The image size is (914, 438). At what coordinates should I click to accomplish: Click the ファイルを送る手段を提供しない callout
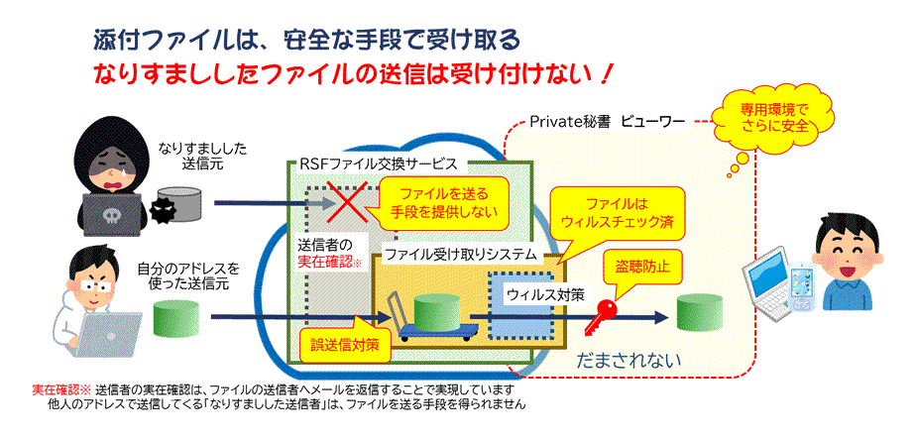click(443, 197)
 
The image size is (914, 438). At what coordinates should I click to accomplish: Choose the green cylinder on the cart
click(437, 313)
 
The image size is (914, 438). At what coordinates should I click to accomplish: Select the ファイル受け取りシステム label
click(460, 255)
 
